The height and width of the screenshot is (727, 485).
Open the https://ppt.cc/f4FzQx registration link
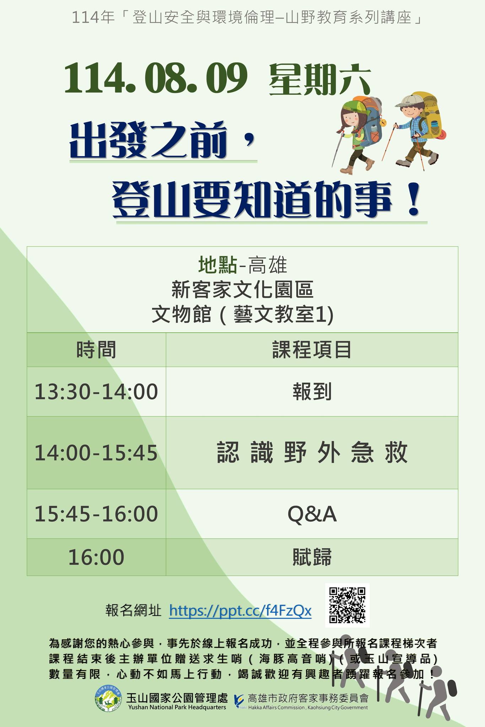pyautogui.click(x=240, y=611)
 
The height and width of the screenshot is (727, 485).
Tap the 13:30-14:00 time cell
pyautogui.click(x=96, y=392)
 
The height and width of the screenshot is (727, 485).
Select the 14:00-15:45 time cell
pyautogui.click(x=96, y=453)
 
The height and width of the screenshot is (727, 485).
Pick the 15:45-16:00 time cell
pyautogui.click(x=96, y=514)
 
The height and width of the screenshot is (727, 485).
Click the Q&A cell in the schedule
pyautogui.click(x=312, y=514)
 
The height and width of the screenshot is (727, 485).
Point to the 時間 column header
pyautogui.click(x=96, y=350)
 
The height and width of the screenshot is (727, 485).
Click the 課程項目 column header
pyautogui.click(x=312, y=350)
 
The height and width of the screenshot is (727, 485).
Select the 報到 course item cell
pyautogui.click(x=312, y=392)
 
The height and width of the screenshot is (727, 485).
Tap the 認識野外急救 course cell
pyautogui.click(x=312, y=453)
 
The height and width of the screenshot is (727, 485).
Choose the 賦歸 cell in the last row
pyautogui.click(x=312, y=557)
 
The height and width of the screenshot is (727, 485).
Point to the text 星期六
pyautogui.click(x=320, y=79)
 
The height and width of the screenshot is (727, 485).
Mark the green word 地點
pyautogui.click(x=218, y=265)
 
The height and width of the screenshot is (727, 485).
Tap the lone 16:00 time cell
pyautogui.click(x=96, y=557)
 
